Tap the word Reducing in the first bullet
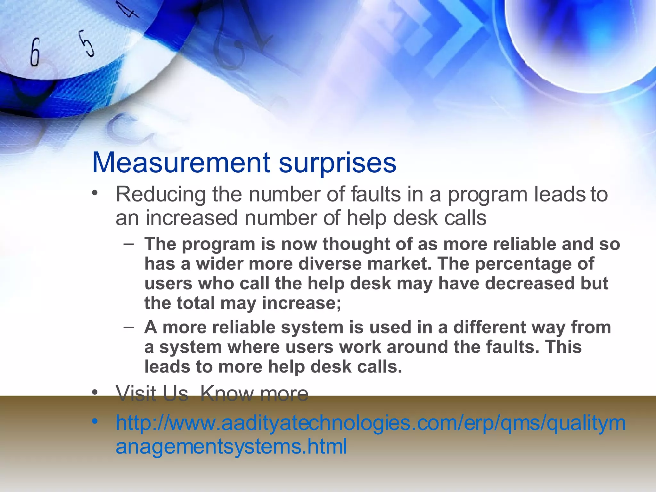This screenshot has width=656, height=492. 161,195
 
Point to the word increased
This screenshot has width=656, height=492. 192,218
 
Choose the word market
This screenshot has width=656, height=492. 400,264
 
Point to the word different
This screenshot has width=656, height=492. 489,327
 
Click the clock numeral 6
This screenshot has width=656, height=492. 35,53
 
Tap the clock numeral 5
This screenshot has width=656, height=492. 86,43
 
